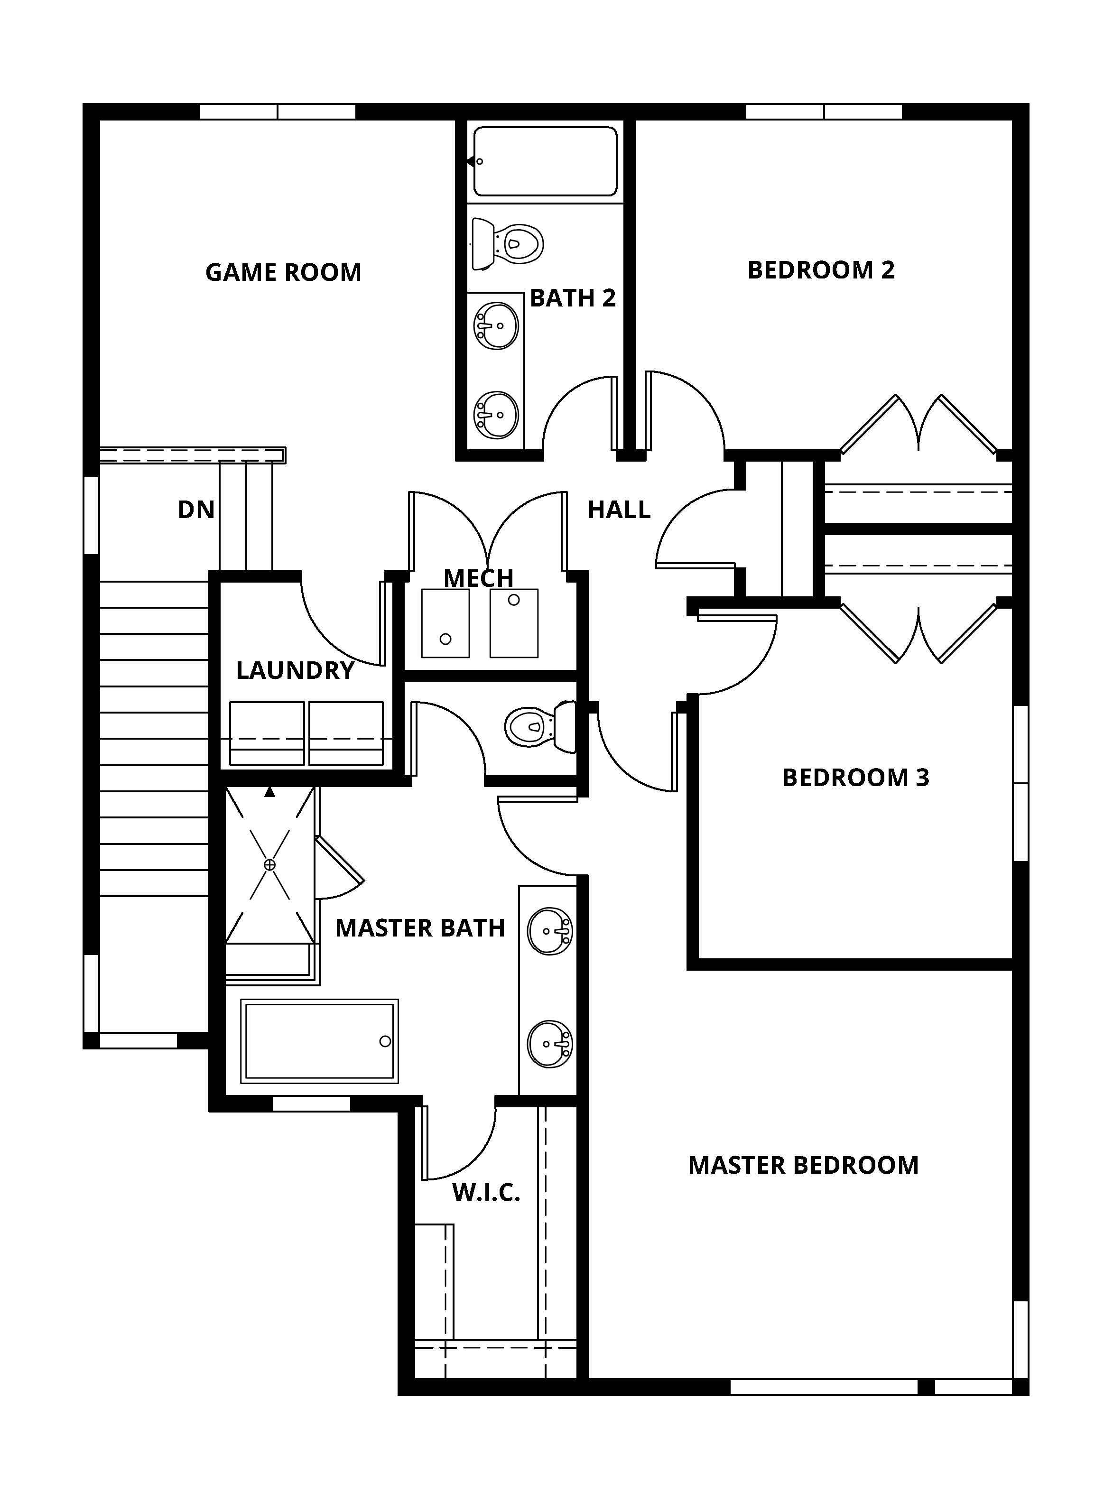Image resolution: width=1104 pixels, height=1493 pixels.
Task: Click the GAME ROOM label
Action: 283,273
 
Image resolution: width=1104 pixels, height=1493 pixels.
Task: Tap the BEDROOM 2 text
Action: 821,270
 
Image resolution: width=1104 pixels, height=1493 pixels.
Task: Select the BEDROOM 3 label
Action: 855,777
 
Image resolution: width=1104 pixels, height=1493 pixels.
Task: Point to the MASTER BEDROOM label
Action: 803,1166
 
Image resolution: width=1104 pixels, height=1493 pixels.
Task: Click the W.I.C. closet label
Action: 486,1193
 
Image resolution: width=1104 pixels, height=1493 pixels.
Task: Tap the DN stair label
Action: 196,510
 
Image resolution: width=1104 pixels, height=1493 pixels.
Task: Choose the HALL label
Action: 619,510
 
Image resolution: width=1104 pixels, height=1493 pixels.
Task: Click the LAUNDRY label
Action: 295,670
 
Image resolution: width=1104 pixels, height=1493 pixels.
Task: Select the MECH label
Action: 479,578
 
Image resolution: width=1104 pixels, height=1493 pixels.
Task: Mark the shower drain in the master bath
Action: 270,865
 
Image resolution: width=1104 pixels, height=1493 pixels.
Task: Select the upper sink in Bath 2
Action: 496,325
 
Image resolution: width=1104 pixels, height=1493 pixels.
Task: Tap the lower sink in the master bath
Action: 550,1044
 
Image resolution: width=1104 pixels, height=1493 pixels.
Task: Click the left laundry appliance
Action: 267,733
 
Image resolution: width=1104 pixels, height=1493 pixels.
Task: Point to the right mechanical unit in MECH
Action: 514,623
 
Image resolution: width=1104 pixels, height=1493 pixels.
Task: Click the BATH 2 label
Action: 573,298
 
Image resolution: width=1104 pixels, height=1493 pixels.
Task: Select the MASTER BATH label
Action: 420,928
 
